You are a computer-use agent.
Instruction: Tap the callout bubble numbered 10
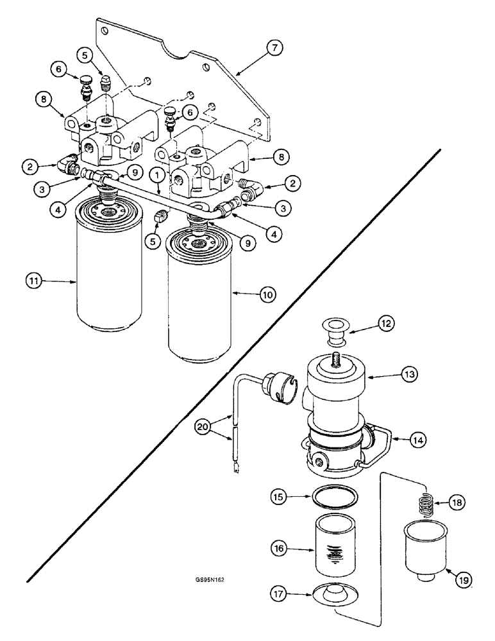point(267,294)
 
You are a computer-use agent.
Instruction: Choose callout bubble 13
point(410,374)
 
